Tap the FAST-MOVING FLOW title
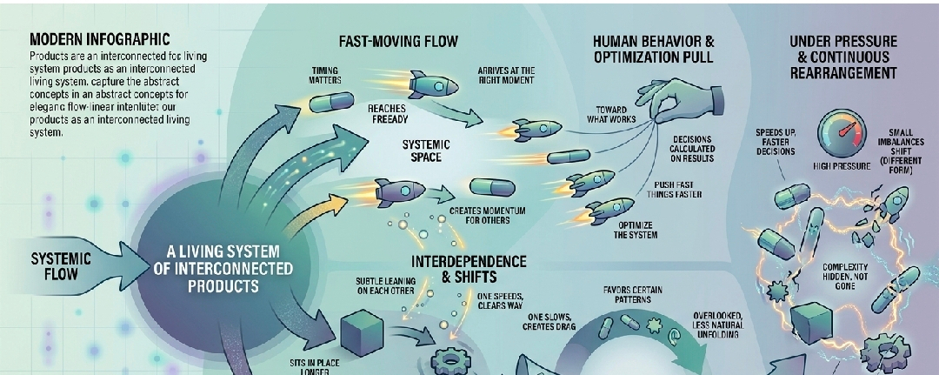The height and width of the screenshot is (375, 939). coord(398,41)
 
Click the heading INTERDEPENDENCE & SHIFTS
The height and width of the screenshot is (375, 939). coord(470,268)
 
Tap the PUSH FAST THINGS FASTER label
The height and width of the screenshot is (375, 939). coord(686,191)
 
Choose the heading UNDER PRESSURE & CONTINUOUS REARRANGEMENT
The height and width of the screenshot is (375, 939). coord(842,57)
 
